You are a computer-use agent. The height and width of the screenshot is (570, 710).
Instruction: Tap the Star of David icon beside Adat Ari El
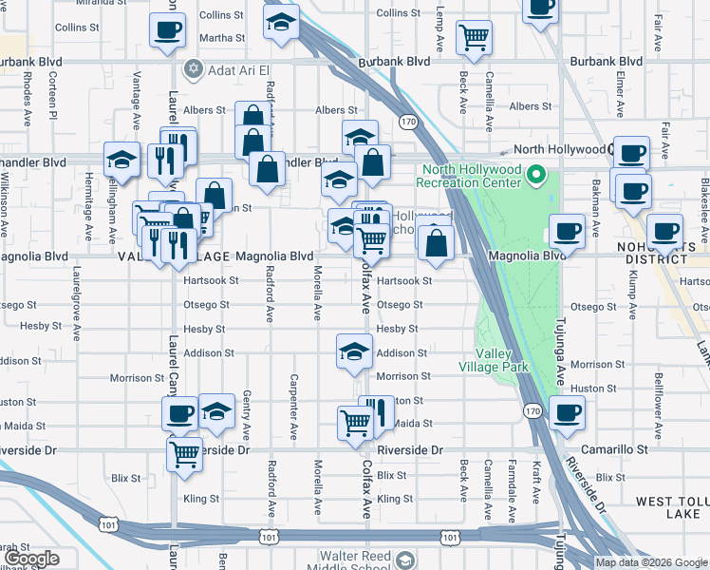(x=196, y=69)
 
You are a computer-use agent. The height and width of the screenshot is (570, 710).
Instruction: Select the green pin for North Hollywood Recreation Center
(x=536, y=175)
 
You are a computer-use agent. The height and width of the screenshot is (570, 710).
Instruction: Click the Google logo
(x=32, y=559)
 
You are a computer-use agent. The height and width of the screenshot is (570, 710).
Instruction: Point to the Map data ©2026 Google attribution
(x=651, y=562)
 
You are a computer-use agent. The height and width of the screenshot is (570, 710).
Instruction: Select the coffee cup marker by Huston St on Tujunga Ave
(x=568, y=412)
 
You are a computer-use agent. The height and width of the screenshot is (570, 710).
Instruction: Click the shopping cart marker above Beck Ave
(x=474, y=38)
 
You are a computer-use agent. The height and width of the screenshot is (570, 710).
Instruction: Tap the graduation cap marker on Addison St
(x=354, y=351)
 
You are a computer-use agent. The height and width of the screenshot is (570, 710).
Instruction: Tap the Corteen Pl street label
(x=54, y=88)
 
